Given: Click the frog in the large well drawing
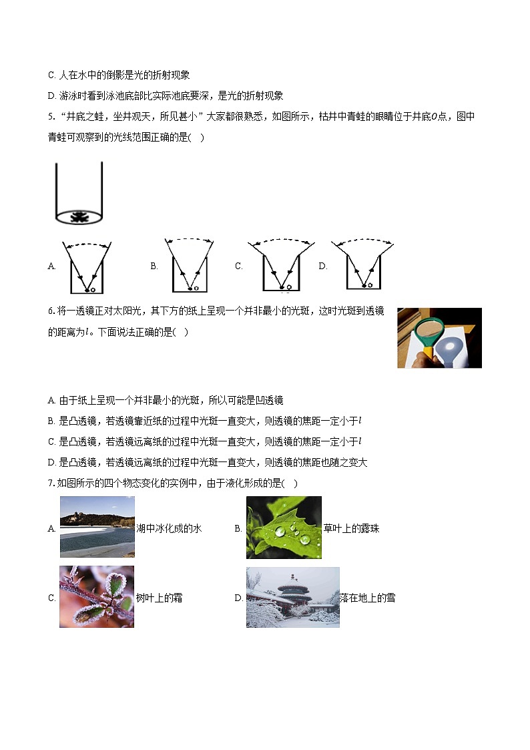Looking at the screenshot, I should tap(79, 217).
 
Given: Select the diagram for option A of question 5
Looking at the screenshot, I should tap(84, 266).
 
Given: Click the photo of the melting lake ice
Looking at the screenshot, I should tap(97, 527).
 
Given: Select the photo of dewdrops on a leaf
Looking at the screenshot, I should tap(284, 527).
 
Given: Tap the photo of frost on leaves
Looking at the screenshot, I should tap(97, 596).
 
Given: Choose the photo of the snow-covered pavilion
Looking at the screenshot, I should tap(292, 597).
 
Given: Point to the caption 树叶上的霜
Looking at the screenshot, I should tap(159, 598).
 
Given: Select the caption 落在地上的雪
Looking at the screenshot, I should tap(367, 598).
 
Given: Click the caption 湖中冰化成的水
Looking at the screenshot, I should tap(168, 528).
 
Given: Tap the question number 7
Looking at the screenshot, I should tap(51, 483).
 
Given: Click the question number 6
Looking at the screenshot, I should tap(51, 311).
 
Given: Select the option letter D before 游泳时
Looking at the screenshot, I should tap(51, 96).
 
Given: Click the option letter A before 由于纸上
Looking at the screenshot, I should tap(51, 401).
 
